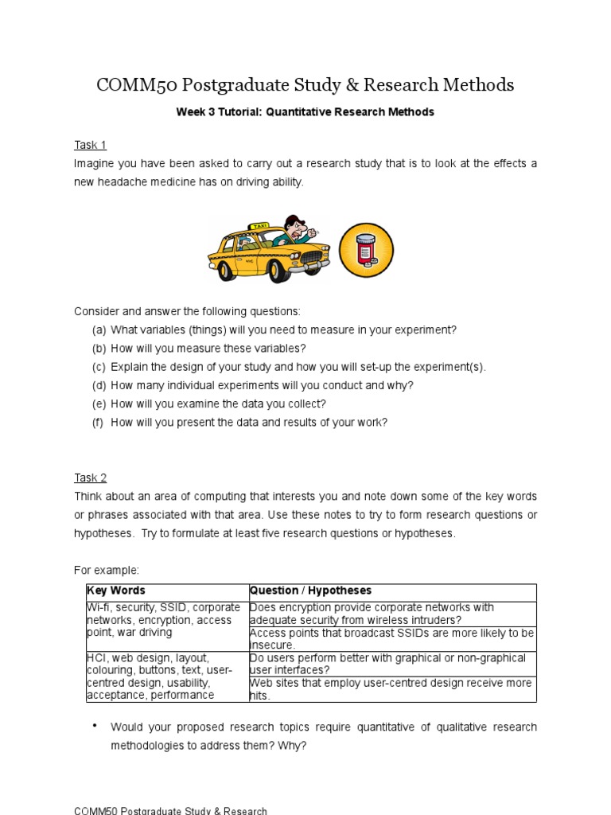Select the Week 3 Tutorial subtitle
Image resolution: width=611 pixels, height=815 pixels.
click(305, 112)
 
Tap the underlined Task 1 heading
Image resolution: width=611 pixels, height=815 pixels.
click(90, 144)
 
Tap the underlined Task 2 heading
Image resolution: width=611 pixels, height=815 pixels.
click(90, 478)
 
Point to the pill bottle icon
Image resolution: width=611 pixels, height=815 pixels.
click(366, 250)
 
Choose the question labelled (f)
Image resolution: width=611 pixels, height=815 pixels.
click(248, 423)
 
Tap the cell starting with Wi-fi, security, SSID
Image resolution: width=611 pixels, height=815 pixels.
click(165, 620)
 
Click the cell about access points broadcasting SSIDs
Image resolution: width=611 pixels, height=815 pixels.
click(391, 638)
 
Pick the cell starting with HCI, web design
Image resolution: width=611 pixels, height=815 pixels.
click(165, 677)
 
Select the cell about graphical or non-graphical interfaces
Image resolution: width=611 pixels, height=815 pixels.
click(391, 664)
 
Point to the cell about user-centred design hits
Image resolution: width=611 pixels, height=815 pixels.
click(391, 689)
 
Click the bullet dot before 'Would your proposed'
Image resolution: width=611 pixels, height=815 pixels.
click(95, 726)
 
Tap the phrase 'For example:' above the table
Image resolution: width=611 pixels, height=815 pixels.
click(107, 571)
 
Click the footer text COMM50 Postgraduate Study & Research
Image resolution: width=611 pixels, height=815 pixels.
click(170, 810)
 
